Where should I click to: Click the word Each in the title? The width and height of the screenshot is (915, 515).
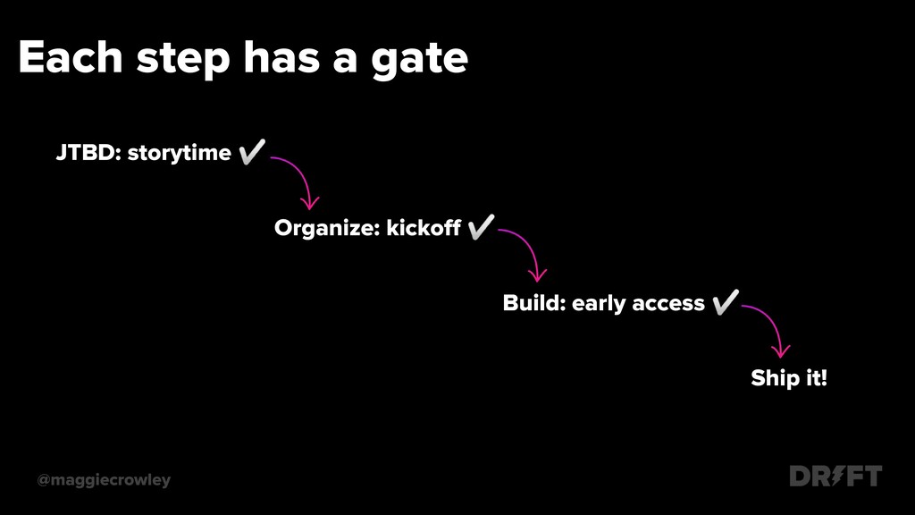pos(71,57)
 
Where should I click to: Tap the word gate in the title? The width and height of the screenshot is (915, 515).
pos(420,61)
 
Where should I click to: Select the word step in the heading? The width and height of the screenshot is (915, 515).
pos(183,61)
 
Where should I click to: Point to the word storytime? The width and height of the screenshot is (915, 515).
pos(179,154)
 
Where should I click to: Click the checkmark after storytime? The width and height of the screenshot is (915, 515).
pos(252,152)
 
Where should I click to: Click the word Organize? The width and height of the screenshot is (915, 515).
pos(327,228)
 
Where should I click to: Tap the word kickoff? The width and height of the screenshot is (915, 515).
pos(424,228)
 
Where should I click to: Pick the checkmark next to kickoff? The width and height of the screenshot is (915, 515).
pos(481,226)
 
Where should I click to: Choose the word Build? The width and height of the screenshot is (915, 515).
pos(534,303)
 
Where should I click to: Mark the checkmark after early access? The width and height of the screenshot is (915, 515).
pos(726,302)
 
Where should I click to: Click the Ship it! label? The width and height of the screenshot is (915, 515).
pos(789,378)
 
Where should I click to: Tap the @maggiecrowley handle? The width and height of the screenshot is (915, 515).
pos(104,480)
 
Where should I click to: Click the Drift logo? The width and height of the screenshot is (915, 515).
pos(835,476)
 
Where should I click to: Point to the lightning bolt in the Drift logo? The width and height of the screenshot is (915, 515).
pos(837,476)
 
